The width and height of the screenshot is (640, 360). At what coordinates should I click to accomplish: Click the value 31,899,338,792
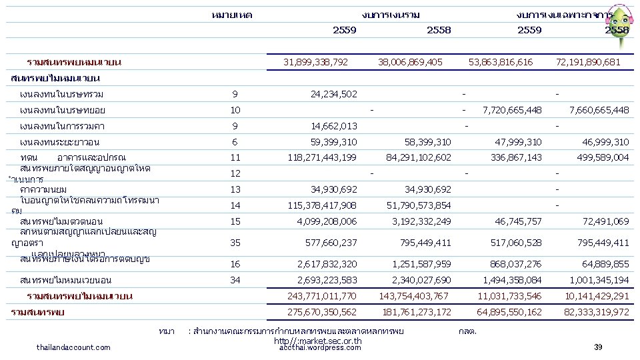315,62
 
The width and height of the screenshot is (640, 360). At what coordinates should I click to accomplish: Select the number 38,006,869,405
409,62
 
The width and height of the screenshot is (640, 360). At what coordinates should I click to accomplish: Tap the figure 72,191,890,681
587,62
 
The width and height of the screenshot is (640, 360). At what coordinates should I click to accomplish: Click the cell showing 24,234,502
333,94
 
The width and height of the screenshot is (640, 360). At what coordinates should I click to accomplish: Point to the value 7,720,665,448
511,110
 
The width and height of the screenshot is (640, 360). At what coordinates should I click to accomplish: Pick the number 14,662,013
333,126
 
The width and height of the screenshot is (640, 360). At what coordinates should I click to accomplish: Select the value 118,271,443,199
321,158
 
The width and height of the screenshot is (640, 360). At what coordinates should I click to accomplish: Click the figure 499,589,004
602,158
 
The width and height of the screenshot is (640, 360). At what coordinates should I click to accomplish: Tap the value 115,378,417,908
321,205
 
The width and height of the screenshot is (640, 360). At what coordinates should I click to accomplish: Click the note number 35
235,243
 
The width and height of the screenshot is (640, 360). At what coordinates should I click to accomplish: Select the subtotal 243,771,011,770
321,296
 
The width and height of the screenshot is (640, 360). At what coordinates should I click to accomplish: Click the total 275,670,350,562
321,312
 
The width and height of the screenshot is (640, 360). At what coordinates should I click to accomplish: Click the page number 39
597,347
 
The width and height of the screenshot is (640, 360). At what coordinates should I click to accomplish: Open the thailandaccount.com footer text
74,347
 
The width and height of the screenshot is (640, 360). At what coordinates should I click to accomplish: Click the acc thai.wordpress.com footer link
320,347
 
